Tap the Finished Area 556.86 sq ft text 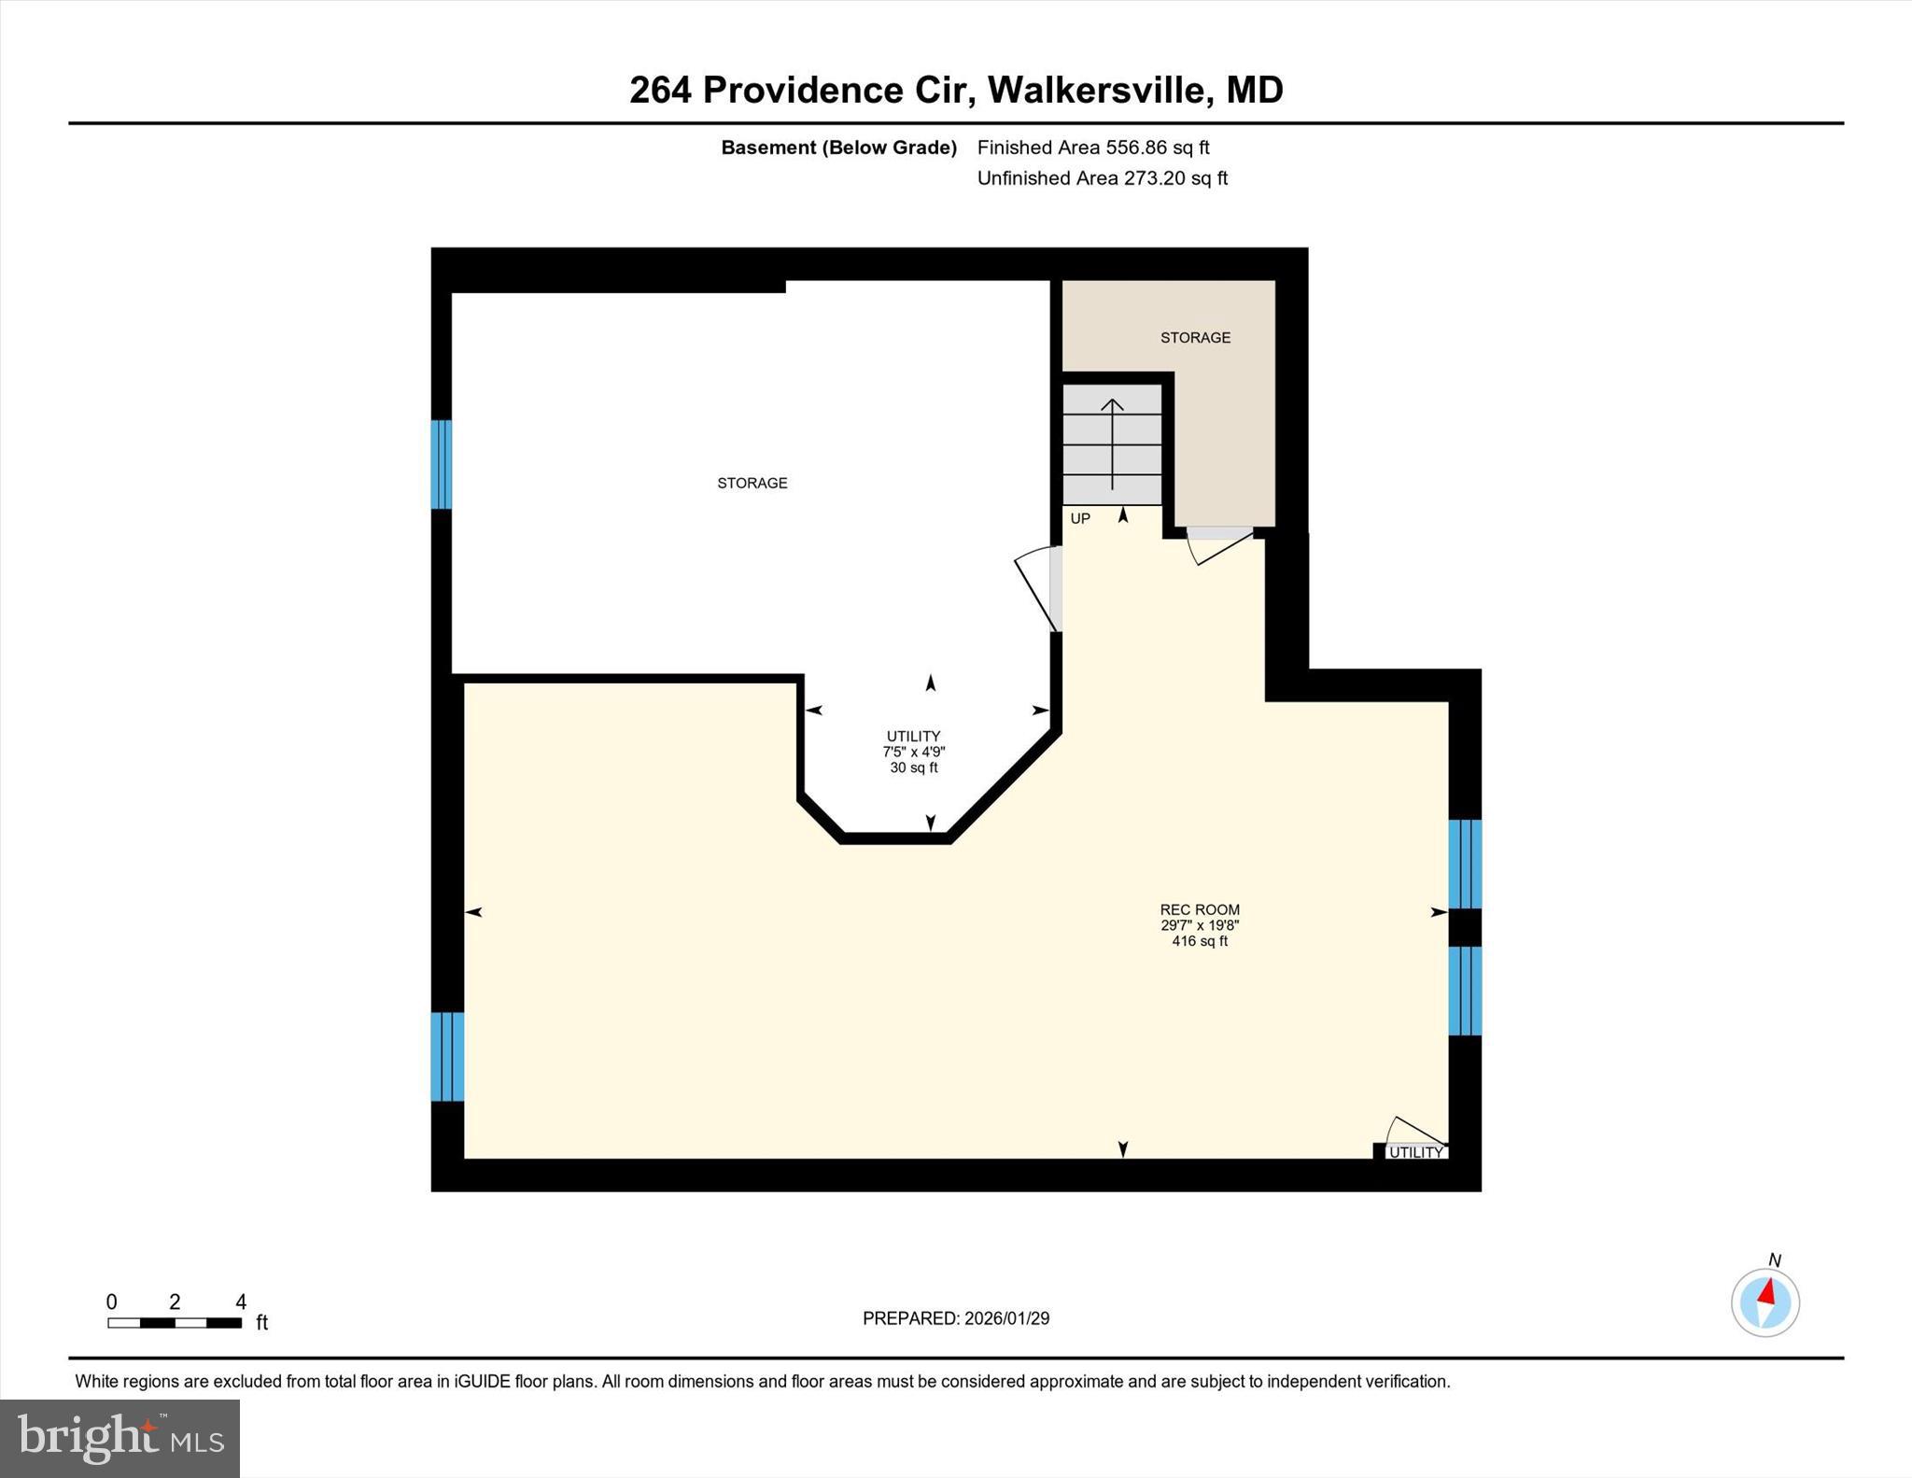[x=1092, y=148]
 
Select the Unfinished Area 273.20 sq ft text [x=1102, y=178]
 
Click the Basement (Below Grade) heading [x=838, y=148]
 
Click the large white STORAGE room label [x=752, y=483]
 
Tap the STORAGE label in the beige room [x=1195, y=338]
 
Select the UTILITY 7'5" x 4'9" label [x=913, y=752]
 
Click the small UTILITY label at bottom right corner [x=1415, y=1152]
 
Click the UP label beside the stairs [x=1080, y=519]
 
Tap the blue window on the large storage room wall [x=441, y=464]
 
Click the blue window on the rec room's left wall [x=447, y=1057]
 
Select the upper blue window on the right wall [x=1464, y=864]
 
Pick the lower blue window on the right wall [x=1464, y=991]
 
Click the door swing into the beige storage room [x=1219, y=545]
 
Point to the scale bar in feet [x=175, y=1322]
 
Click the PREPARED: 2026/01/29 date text [x=955, y=1318]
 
